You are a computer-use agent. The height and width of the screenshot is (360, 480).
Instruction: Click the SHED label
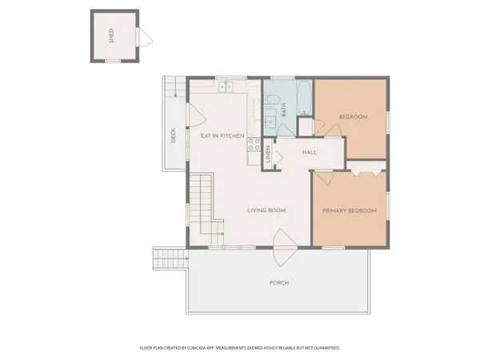[x=112, y=36]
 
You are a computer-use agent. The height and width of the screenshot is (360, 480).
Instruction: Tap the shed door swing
[x=144, y=37]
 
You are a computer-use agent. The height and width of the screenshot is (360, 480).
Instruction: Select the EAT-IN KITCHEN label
[x=222, y=136]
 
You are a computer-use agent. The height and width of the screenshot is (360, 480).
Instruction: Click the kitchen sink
[x=226, y=86]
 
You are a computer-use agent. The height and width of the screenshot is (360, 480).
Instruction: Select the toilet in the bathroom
[x=271, y=100]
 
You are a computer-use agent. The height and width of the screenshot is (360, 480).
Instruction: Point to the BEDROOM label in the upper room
[x=353, y=118]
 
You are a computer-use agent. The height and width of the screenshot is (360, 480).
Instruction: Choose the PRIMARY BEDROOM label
[x=349, y=210]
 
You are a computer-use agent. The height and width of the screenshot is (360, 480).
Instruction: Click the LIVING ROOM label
[x=266, y=210]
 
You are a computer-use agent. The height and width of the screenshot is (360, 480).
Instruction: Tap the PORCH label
[x=278, y=283]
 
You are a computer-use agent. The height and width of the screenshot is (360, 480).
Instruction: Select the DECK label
[x=172, y=137]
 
